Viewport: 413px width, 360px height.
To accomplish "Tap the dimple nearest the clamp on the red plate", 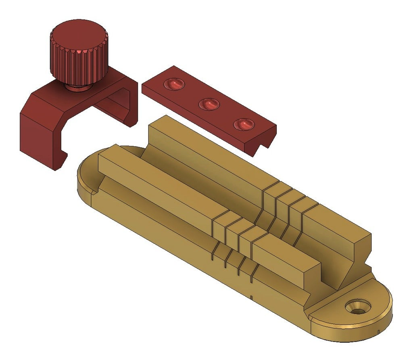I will (174, 84).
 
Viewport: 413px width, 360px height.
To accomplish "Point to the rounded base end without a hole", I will (87, 178).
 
